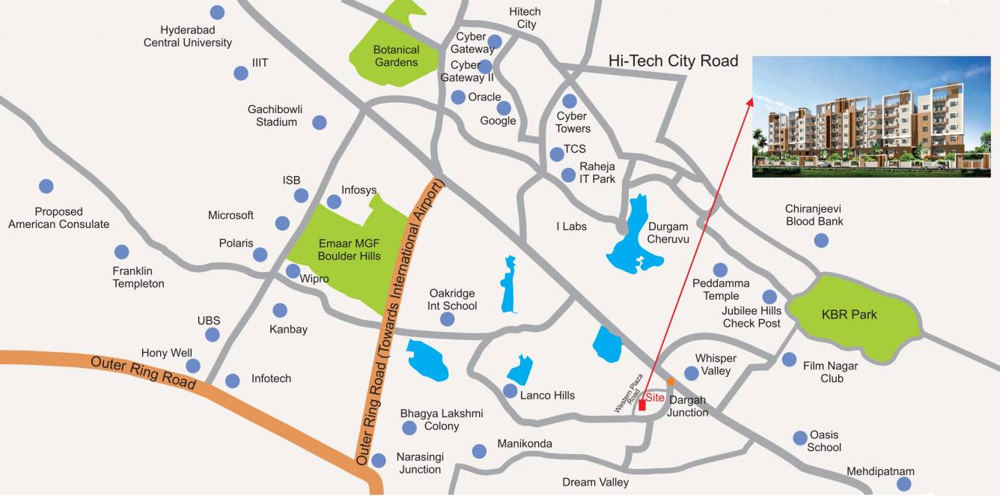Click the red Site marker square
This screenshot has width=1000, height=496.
pos(642,405)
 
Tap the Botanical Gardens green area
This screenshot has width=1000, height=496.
pos(395,52)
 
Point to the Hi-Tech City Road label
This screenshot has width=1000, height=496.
pos(673,61)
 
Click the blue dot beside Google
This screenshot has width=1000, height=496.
pos(504,108)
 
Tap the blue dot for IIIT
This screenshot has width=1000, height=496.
pos(241,73)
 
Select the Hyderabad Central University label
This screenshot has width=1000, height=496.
pos(188,37)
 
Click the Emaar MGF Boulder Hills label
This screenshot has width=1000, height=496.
pos(349,249)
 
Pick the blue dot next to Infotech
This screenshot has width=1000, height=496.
pos(233,381)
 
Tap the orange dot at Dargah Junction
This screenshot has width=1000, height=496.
pos(671,381)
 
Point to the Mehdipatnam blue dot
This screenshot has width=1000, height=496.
pos(904,484)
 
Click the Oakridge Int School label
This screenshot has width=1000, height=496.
pos(452,300)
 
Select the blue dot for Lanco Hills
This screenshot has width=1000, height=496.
pos(510,391)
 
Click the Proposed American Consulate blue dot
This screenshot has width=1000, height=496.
pos(46,186)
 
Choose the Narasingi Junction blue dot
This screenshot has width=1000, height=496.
pos(379,460)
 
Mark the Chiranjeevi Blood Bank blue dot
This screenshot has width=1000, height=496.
pos(821,240)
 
